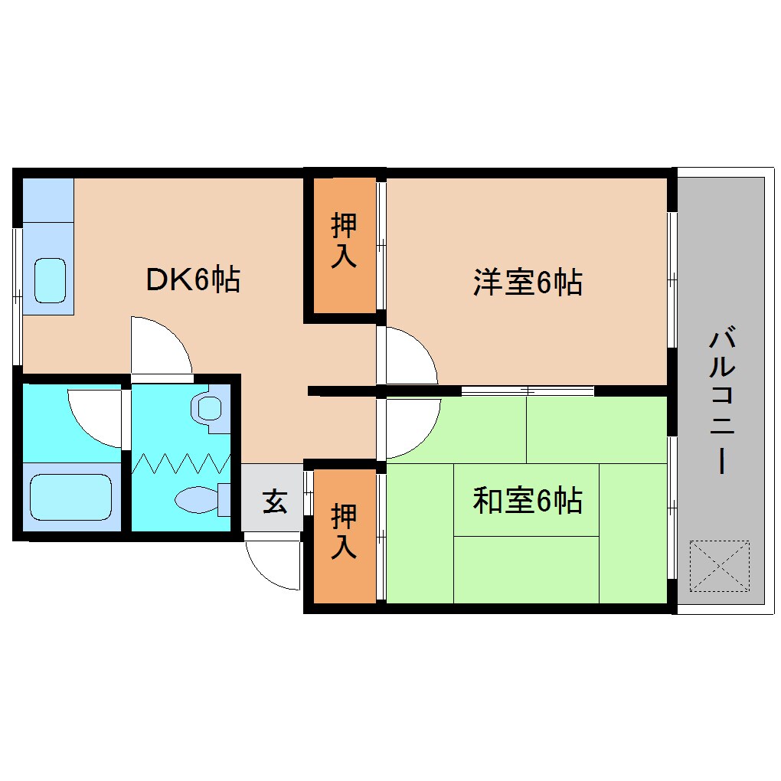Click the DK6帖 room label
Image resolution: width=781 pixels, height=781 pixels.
[x=193, y=280]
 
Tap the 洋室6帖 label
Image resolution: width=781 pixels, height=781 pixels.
[x=528, y=283]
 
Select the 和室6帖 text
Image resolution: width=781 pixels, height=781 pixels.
[x=528, y=501]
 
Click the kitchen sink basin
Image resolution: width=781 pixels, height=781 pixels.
[x=51, y=279]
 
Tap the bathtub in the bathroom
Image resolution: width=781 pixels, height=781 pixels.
[x=71, y=497]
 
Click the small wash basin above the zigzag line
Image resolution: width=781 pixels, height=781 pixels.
[x=210, y=407]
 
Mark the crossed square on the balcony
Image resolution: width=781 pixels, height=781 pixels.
[x=720, y=567]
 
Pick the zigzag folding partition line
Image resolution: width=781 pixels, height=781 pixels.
[x=181, y=462]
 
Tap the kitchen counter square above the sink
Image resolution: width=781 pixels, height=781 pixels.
[x=47, y=200]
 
